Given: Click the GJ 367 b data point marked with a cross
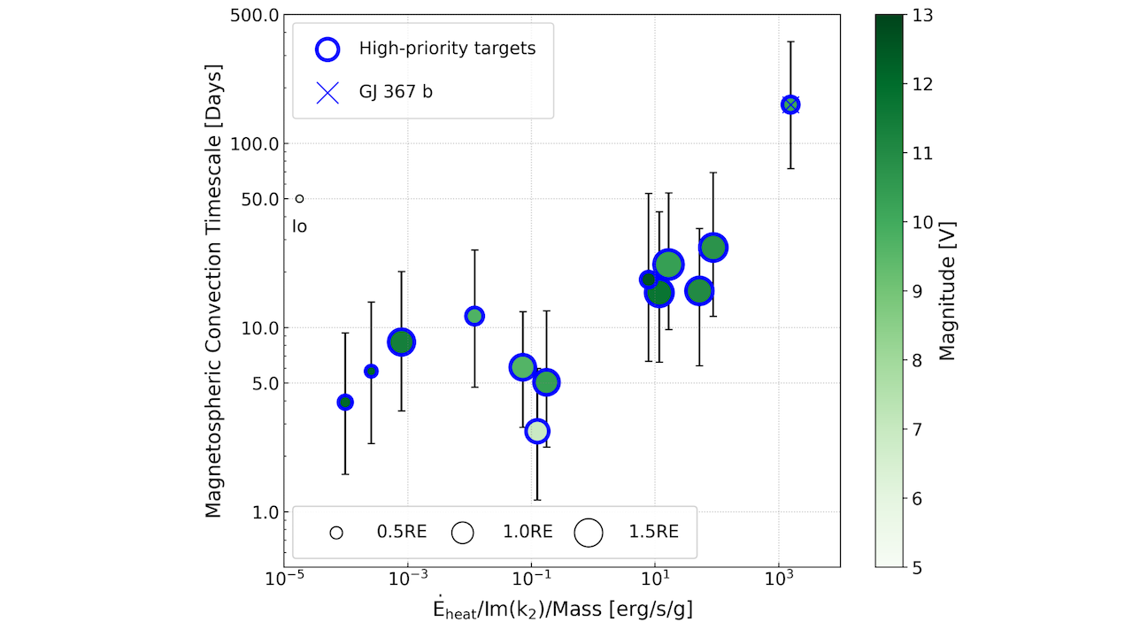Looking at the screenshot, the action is (790, 104).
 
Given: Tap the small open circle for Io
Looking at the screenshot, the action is (300, 199).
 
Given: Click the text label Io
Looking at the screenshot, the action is (300, 226).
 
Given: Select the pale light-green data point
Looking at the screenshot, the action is (537, 432).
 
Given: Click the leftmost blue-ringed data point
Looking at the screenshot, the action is (345, 402).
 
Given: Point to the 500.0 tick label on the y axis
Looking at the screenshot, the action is (255, 16).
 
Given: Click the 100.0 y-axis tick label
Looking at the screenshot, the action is (255, 144).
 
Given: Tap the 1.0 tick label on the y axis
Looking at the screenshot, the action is (266, 512).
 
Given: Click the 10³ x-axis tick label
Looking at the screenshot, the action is (779, 579).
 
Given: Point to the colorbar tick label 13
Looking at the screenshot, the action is (922, 16).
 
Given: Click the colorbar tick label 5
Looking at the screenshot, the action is (917, 568).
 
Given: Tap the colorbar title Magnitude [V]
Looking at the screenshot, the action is (947, 291).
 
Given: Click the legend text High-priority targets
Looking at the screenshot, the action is (447, 49).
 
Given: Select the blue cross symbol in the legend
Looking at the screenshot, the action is (327, 93).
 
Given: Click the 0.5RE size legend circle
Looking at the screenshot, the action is (336, 533).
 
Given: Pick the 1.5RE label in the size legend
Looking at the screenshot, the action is (653, 532).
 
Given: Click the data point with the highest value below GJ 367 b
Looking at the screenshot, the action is (713, 248).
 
